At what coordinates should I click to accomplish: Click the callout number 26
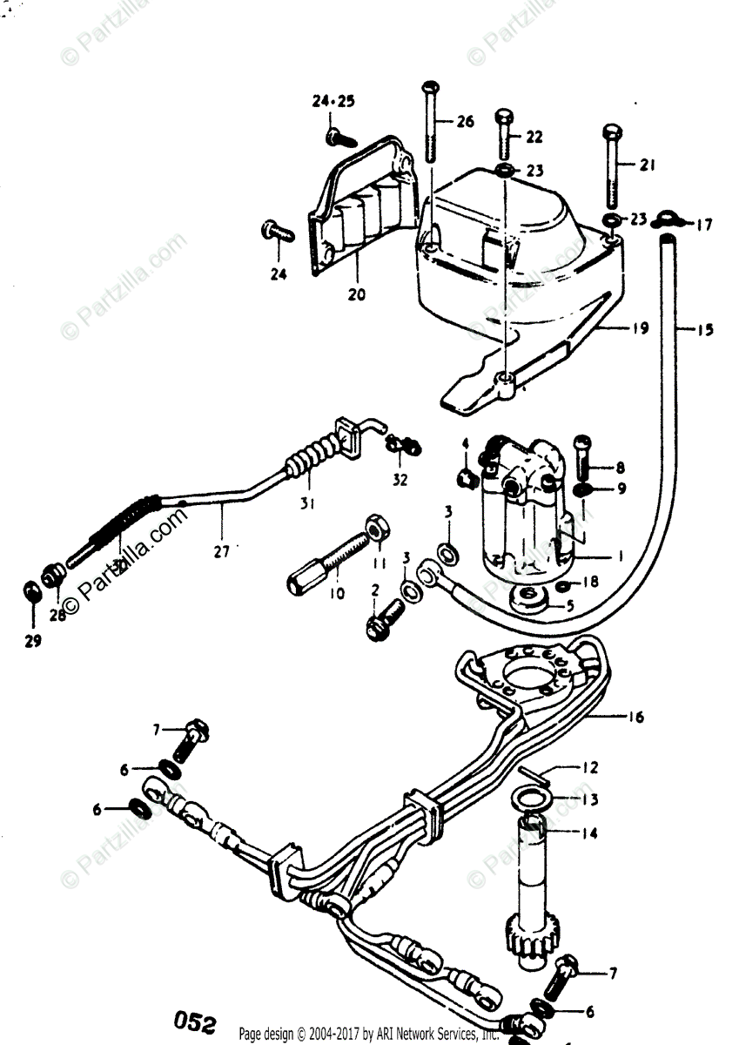coord(465,121)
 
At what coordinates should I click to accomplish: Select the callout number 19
coord(641,328)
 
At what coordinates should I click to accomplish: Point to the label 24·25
coord(333,102)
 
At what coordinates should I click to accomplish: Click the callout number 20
coord(356,294)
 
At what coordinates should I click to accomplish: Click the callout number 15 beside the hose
coord(704,330)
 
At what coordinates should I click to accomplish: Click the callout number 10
coord(337,594)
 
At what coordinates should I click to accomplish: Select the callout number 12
coord(590,769)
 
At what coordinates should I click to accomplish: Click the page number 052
coord(195,1021)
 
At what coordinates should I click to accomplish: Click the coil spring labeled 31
coord(308,461)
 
